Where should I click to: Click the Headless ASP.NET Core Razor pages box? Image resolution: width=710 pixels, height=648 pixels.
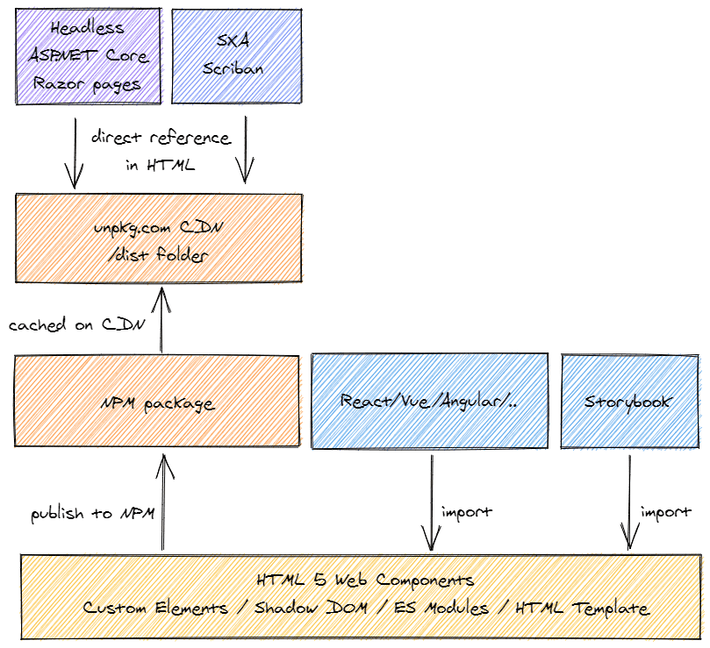[x=88, y=54]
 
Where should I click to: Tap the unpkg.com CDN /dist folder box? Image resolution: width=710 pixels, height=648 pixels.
[x=161, y=239]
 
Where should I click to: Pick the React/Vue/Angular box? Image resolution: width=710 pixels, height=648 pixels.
[x=429, y=402]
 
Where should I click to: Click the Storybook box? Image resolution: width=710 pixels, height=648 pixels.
[x=628, y=402]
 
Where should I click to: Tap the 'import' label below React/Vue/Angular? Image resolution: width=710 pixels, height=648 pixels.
[x=467, y=511]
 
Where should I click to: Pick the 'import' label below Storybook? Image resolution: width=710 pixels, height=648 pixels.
[x=666, y=511]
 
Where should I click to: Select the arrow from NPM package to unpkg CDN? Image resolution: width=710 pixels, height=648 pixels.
[x=161, y=319]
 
